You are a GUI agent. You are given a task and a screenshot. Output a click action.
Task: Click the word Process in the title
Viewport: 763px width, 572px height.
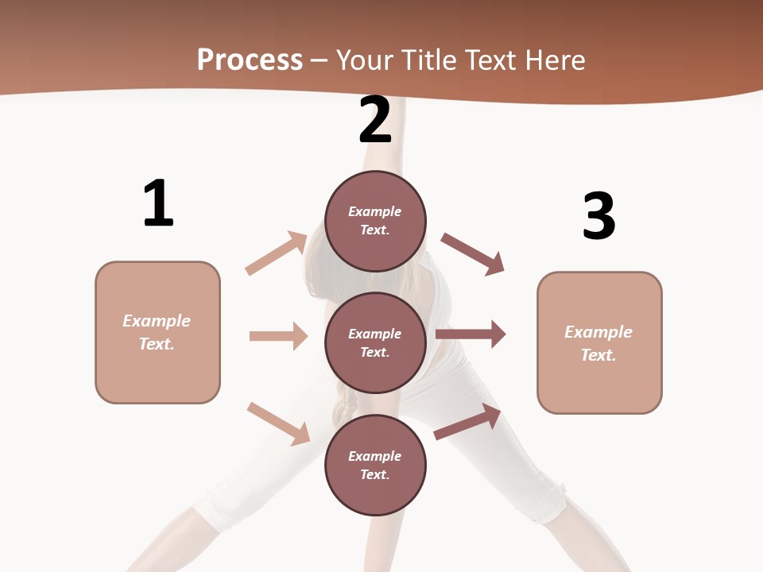coord(250,60)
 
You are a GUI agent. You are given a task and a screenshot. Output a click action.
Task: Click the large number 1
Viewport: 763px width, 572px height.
coord(158,203)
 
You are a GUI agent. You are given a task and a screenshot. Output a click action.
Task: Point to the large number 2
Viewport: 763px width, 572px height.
coord(375,121)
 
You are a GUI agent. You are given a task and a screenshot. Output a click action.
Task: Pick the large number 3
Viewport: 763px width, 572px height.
coord(598,216)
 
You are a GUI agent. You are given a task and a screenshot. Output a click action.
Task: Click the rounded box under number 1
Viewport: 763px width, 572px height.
coord(157,332)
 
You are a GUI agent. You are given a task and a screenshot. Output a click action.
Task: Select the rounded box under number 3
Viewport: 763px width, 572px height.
coord(599,342)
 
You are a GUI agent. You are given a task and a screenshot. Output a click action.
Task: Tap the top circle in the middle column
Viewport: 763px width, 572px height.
coord(375,220)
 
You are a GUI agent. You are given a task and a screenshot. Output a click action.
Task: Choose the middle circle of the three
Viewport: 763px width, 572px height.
coord(375,342)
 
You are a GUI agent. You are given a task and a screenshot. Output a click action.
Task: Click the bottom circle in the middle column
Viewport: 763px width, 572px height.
coord(375,465)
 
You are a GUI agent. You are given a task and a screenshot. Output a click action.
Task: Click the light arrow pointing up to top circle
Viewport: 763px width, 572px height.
coord(277,253)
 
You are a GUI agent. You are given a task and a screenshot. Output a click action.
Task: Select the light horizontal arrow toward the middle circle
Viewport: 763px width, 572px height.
coord(278,336)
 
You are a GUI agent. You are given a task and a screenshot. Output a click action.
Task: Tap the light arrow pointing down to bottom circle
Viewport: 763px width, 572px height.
coord(278,423)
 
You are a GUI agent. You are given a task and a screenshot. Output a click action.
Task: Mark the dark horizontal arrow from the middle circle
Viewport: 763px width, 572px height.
coord(471,334)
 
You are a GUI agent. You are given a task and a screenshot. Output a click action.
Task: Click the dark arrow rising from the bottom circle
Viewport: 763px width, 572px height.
coord(467,422)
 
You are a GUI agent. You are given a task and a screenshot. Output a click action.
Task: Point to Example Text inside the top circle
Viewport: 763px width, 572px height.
coord(375,221)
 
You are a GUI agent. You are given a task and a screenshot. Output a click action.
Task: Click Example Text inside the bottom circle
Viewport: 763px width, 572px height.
coord(375,466)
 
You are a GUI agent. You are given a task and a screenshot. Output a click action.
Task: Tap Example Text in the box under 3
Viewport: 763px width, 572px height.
coord(598,343)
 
